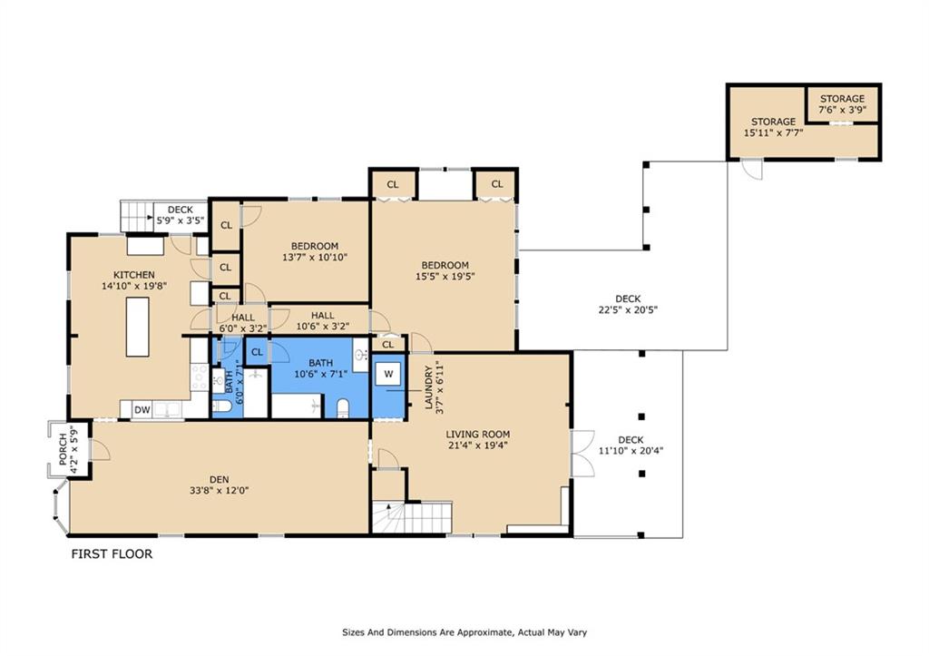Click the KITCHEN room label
134,275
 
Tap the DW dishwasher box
142,409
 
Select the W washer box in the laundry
388,374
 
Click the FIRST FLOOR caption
112,554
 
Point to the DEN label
220,479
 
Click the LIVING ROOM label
477,435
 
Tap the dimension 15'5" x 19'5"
445,276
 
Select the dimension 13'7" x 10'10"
315,257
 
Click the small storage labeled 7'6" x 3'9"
842,104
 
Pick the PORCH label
64,449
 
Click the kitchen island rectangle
138,327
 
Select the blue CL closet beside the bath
257,352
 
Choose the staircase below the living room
413,518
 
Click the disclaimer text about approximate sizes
464,632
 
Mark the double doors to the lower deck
582,454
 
